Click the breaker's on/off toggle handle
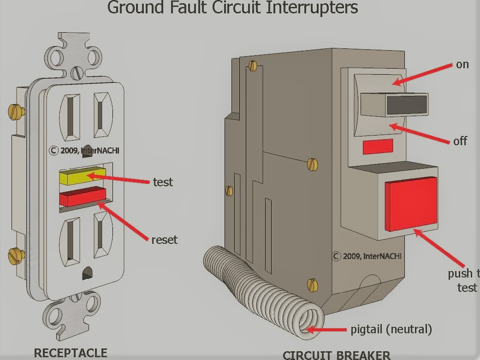point(394,104)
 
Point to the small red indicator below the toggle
point(378,146)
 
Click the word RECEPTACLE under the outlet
point(71,353)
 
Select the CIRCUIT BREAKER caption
point(336,355)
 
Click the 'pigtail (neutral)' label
point(391,329)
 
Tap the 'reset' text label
point(164,240)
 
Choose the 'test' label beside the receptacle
point(163,182)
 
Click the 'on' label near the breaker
point(462,65)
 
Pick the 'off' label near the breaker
point(460,141)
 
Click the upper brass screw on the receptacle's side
point(16,111)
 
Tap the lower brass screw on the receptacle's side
point(16,254)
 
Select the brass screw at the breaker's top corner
point(252,66)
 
